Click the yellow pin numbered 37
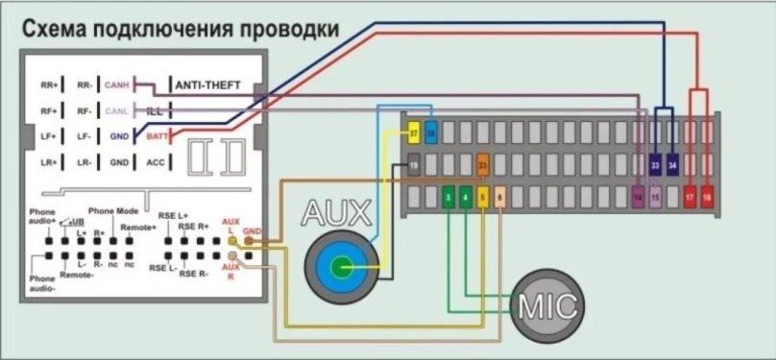[414, 132]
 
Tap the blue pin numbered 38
[430, 132]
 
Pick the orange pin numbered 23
[483, 165]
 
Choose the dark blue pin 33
[655, 165]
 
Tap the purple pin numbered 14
[639, 198]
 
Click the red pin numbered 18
[708, 198]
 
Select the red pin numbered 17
[691, 198]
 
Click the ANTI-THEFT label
[213, 85]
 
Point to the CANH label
[117, 85]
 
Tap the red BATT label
[155, 136]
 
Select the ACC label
[155, 162]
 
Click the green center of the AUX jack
[340, 265]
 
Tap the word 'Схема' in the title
[57, 30]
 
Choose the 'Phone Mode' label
[113, 210]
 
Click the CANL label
[117, 110]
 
